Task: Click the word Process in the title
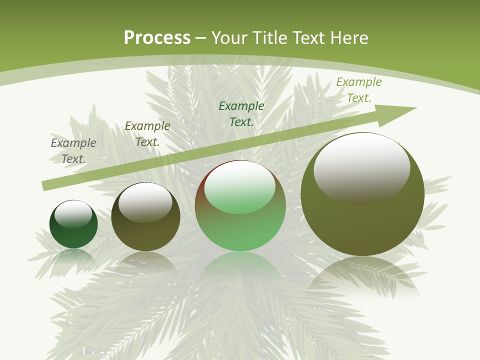[x=157, y=38]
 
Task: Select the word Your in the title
[x=228, y=38]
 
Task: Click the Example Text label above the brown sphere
[x=147, y=134]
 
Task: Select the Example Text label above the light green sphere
[x=241, y=113]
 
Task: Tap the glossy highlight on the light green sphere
[x=240, y=186]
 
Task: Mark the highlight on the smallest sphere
[x=73, y=214]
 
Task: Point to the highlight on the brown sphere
[x=145, y=202]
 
